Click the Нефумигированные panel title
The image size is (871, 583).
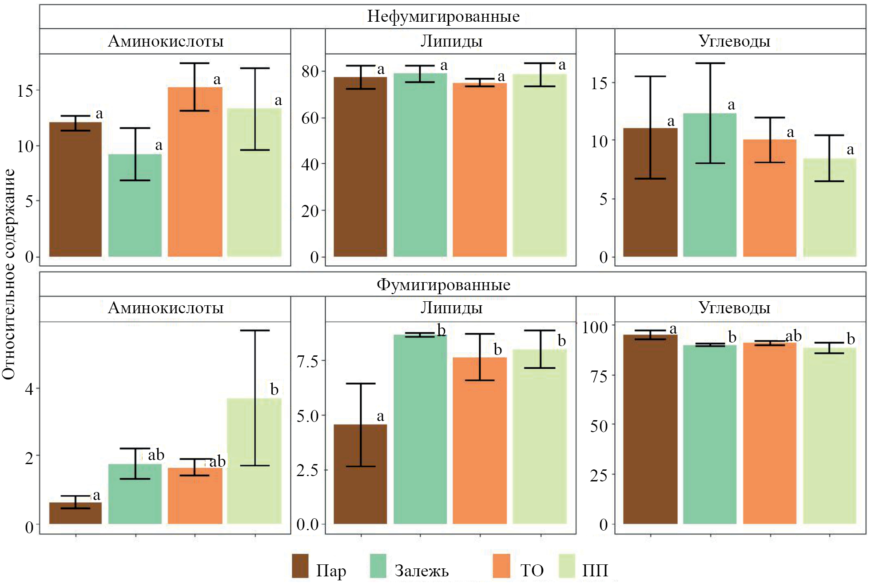pyautogui.click(x=443, y=17)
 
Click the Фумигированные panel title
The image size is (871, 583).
pyautogui.click(x=443, y=284)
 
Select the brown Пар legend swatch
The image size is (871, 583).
pyautogui.click(x=300, y=566)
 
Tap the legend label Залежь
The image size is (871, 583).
pyautogui.click(x=422, y=571)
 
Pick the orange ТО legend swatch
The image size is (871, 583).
pyautogui.click(x=501, y=566)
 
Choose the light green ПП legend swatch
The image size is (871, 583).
pyautogui.click(x=567, y=566)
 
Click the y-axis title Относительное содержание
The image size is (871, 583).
pyautogui.click(x=9, y=274)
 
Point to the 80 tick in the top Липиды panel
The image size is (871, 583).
pyautogui.click(x=310, y=71)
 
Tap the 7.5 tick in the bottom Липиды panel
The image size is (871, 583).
pyautogui.click(x=308, y=361)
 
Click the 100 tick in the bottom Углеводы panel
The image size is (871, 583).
pyautogui.click(x=595, y=327)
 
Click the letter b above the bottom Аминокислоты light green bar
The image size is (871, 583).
pyautogui.click(x=274, y=390)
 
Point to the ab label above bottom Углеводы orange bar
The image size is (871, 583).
pyautogui.click(x=793, y=336)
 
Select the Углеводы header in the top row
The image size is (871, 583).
pyautogui.click(x=734, y=41)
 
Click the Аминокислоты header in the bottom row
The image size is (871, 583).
pyautogui.click(x=166, y=308)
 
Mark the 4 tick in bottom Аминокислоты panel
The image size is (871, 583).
pyautogui.click(x=29, y=389)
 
